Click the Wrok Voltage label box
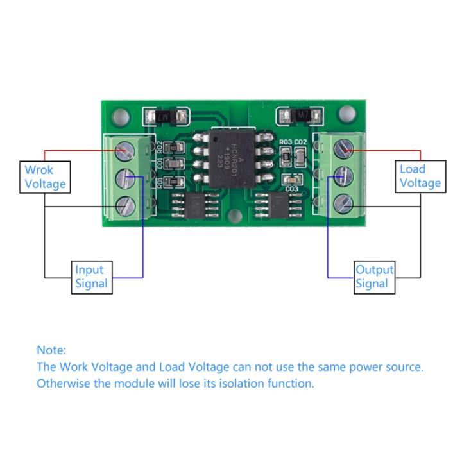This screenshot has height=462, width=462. tap(45, 177)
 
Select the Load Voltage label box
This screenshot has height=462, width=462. tap(420, 176)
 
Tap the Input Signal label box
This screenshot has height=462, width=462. tap(91, 277)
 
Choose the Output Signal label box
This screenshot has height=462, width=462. tap(374, 277)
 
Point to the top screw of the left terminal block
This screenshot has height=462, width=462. tap(124, 151)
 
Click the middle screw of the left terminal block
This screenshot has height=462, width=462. tap(124, 178)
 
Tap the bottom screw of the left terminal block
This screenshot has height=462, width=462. tap(124, 205)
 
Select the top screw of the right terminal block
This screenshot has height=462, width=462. tap(345, 150)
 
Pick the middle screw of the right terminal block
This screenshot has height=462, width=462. tap(345, 176)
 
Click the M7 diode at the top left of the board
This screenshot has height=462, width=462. tap(163, 117)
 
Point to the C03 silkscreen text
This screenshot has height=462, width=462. tap(291, 189)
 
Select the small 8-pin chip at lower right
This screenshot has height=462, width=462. tap(278, 205)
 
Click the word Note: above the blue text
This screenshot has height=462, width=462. tap(51, 350)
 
